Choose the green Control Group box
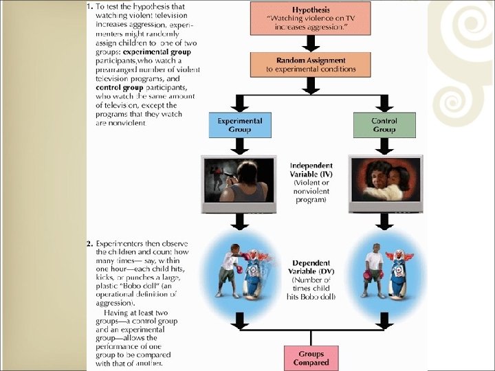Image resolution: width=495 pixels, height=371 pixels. point(384,124)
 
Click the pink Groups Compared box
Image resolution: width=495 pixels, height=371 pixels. point(311,357)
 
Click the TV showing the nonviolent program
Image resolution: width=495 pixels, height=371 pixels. point(384,182)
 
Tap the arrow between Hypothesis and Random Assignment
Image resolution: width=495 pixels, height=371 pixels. point(311,43)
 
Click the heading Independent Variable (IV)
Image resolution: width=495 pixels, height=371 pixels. point(311,170)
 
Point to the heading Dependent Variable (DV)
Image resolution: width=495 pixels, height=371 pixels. point(311,267)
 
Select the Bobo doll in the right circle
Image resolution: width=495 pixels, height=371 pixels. point(399,271)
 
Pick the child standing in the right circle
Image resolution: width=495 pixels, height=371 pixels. point(373,271)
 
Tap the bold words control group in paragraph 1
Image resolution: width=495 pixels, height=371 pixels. point(120,87)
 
